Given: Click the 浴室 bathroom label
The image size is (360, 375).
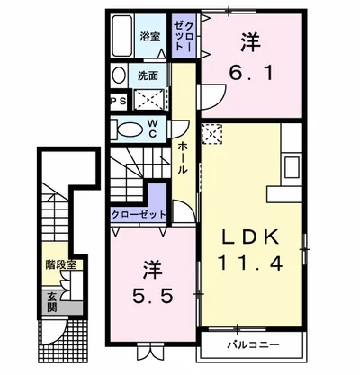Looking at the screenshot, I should (x=149, y=38).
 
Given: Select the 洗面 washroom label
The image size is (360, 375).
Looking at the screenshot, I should (x=149, y=76).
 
